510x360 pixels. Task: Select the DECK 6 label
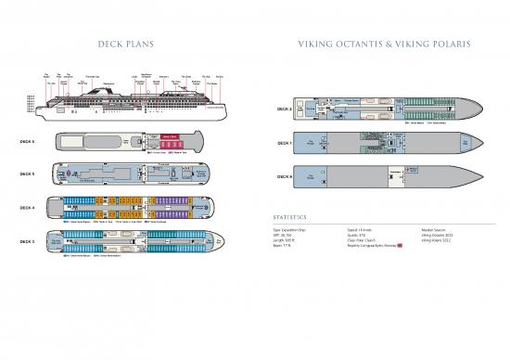coord(28,143)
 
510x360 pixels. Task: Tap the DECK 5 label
coord(28,174)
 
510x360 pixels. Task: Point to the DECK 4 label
coord(28,208)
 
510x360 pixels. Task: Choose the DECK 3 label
coord(28,241)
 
